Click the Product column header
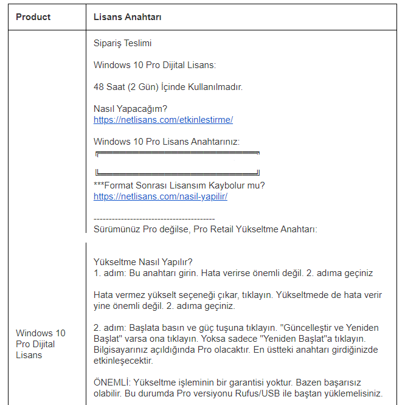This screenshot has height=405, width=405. click(33, 17)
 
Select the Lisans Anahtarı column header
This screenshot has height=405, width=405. click(127, 17)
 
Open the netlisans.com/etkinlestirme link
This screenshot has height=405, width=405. click(163, 120)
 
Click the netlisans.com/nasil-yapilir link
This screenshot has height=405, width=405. click(161, 196)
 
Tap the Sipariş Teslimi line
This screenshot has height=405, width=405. click(123, 44)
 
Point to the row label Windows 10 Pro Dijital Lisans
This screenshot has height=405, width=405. click(40, 344)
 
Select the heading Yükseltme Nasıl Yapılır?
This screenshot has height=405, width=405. click(143, 262)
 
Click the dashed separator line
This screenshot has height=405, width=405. click(154, 218)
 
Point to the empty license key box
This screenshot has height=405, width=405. click(178, 163)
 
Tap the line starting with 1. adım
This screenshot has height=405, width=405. click(233, 273)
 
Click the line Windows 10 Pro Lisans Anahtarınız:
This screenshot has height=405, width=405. click(167, 142)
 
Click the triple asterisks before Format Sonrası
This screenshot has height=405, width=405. click(100, 185)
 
